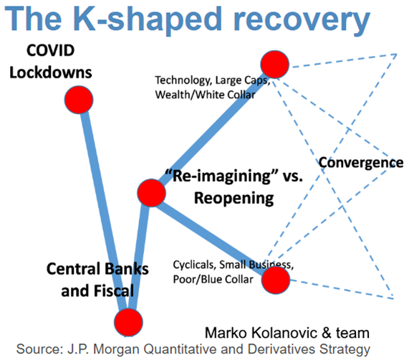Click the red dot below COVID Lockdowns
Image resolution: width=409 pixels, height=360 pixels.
(79, 100)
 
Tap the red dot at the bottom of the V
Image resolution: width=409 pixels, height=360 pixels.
(128, 322)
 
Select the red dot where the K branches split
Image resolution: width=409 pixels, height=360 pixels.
(152, 193)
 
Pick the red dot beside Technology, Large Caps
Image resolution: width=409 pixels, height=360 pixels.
(274, 65)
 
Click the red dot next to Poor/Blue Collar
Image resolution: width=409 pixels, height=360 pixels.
(276, 280)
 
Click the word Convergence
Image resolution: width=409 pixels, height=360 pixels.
(361, 163)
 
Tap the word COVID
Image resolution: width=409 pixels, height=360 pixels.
(50, 50)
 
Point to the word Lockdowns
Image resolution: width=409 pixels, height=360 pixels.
(51, 72)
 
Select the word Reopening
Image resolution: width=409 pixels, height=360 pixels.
(234, 199)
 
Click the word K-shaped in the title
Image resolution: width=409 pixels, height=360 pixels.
(147, 19)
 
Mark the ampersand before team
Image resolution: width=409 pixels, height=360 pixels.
(327, 333)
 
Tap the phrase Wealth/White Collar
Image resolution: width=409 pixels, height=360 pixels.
(205, 95)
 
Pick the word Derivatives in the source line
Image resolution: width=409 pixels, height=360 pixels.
(282, 349)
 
